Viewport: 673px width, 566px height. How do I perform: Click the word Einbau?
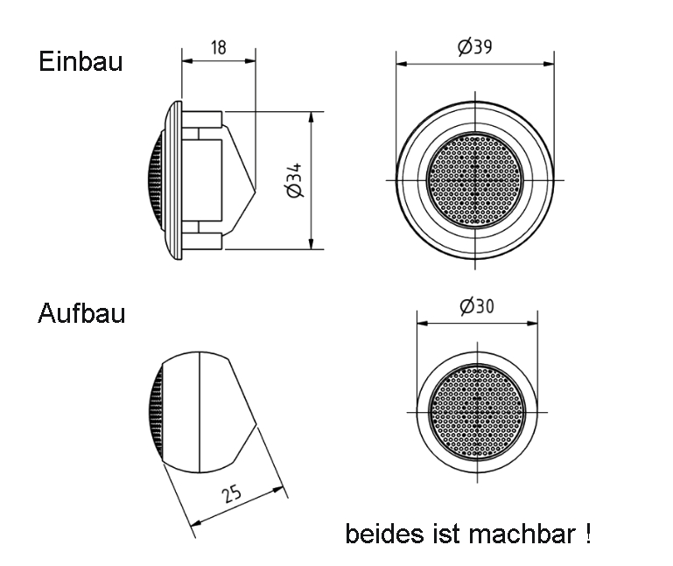[x=81, y=61]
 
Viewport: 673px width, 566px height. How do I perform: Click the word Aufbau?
[x=81, y=313]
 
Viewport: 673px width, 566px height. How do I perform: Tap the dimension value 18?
[x=219, y=47]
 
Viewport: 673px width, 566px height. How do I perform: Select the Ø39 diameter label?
[x=474, y=46]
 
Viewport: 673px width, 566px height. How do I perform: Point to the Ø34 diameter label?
[x=295, y=180]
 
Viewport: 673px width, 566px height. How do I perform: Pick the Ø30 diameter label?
[x=477, y=306]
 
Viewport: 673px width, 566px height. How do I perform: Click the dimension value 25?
[x=232, y=494]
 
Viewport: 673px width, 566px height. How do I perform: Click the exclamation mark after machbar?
[x=587, y=534]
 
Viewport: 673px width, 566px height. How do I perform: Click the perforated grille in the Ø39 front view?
[x=475, y=180]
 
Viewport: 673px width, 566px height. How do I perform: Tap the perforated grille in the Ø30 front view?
[x=477, y=412]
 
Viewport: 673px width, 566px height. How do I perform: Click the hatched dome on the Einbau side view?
[x=155, y=180]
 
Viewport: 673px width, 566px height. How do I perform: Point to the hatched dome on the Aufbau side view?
[x=156, y=412]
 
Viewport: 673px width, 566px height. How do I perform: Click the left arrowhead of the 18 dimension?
[x=187, y=61]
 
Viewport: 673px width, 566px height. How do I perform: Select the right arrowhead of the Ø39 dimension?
[x=549, y=64]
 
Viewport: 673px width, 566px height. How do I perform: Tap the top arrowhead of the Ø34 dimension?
[x=312, y=117]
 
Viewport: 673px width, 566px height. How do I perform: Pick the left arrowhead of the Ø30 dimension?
[x=423, y=323]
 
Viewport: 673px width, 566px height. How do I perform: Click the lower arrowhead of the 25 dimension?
[x=195, y=523]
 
